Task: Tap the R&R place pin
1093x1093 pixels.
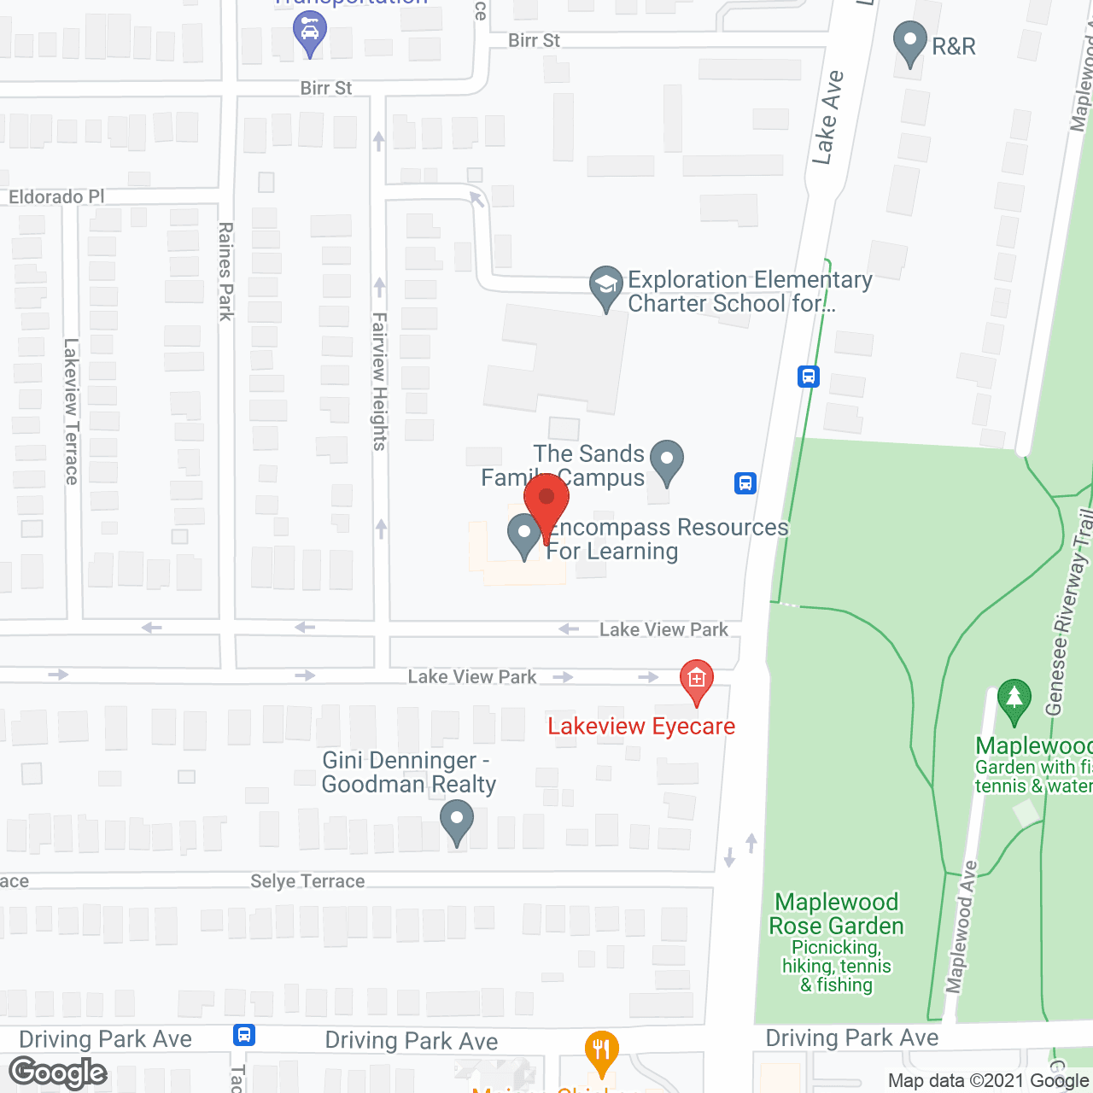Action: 909,42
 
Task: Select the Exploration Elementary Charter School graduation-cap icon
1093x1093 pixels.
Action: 606,286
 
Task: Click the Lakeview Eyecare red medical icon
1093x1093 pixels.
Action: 697,680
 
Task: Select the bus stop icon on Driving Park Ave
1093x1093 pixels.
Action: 244,1036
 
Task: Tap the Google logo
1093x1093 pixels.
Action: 58,1073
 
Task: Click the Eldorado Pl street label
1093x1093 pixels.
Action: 56,197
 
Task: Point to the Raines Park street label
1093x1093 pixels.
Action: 226,272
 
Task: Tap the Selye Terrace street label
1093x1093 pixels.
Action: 307,881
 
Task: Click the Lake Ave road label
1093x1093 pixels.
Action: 827,118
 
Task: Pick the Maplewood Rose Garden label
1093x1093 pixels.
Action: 836,914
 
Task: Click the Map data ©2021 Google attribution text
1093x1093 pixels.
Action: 989,1081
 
